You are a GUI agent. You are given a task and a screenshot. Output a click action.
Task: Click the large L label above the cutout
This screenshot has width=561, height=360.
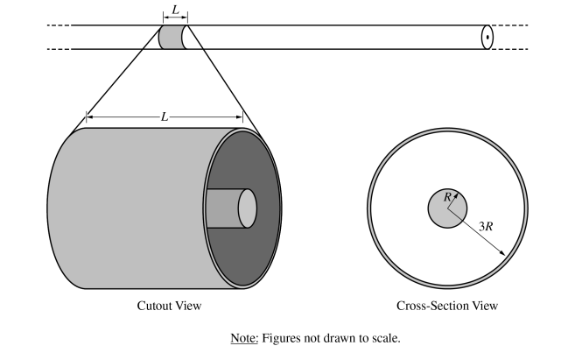coord(164,116)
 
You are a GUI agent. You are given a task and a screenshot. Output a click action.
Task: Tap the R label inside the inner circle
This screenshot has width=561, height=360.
coord(447,198)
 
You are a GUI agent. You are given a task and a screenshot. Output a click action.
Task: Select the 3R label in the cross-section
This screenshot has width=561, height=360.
coord(486,226)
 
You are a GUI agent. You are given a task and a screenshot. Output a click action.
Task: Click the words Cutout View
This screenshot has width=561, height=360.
coord(169,306)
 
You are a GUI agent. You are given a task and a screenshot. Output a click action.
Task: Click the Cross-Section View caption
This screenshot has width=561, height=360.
coord(447,306)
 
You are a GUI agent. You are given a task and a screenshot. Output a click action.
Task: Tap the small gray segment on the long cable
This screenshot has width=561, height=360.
coord(170,37)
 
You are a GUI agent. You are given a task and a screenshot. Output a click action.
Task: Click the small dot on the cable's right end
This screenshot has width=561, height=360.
coord(487,37)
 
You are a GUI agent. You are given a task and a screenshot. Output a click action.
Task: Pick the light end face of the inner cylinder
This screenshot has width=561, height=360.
coord(248,208)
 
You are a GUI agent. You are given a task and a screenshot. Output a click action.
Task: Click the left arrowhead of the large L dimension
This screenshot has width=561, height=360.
coord(88,116)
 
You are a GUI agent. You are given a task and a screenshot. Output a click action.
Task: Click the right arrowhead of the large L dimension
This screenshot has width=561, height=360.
coord(241,116)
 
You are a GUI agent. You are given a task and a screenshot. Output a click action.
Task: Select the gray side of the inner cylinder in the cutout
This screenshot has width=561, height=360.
coord(221,208)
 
